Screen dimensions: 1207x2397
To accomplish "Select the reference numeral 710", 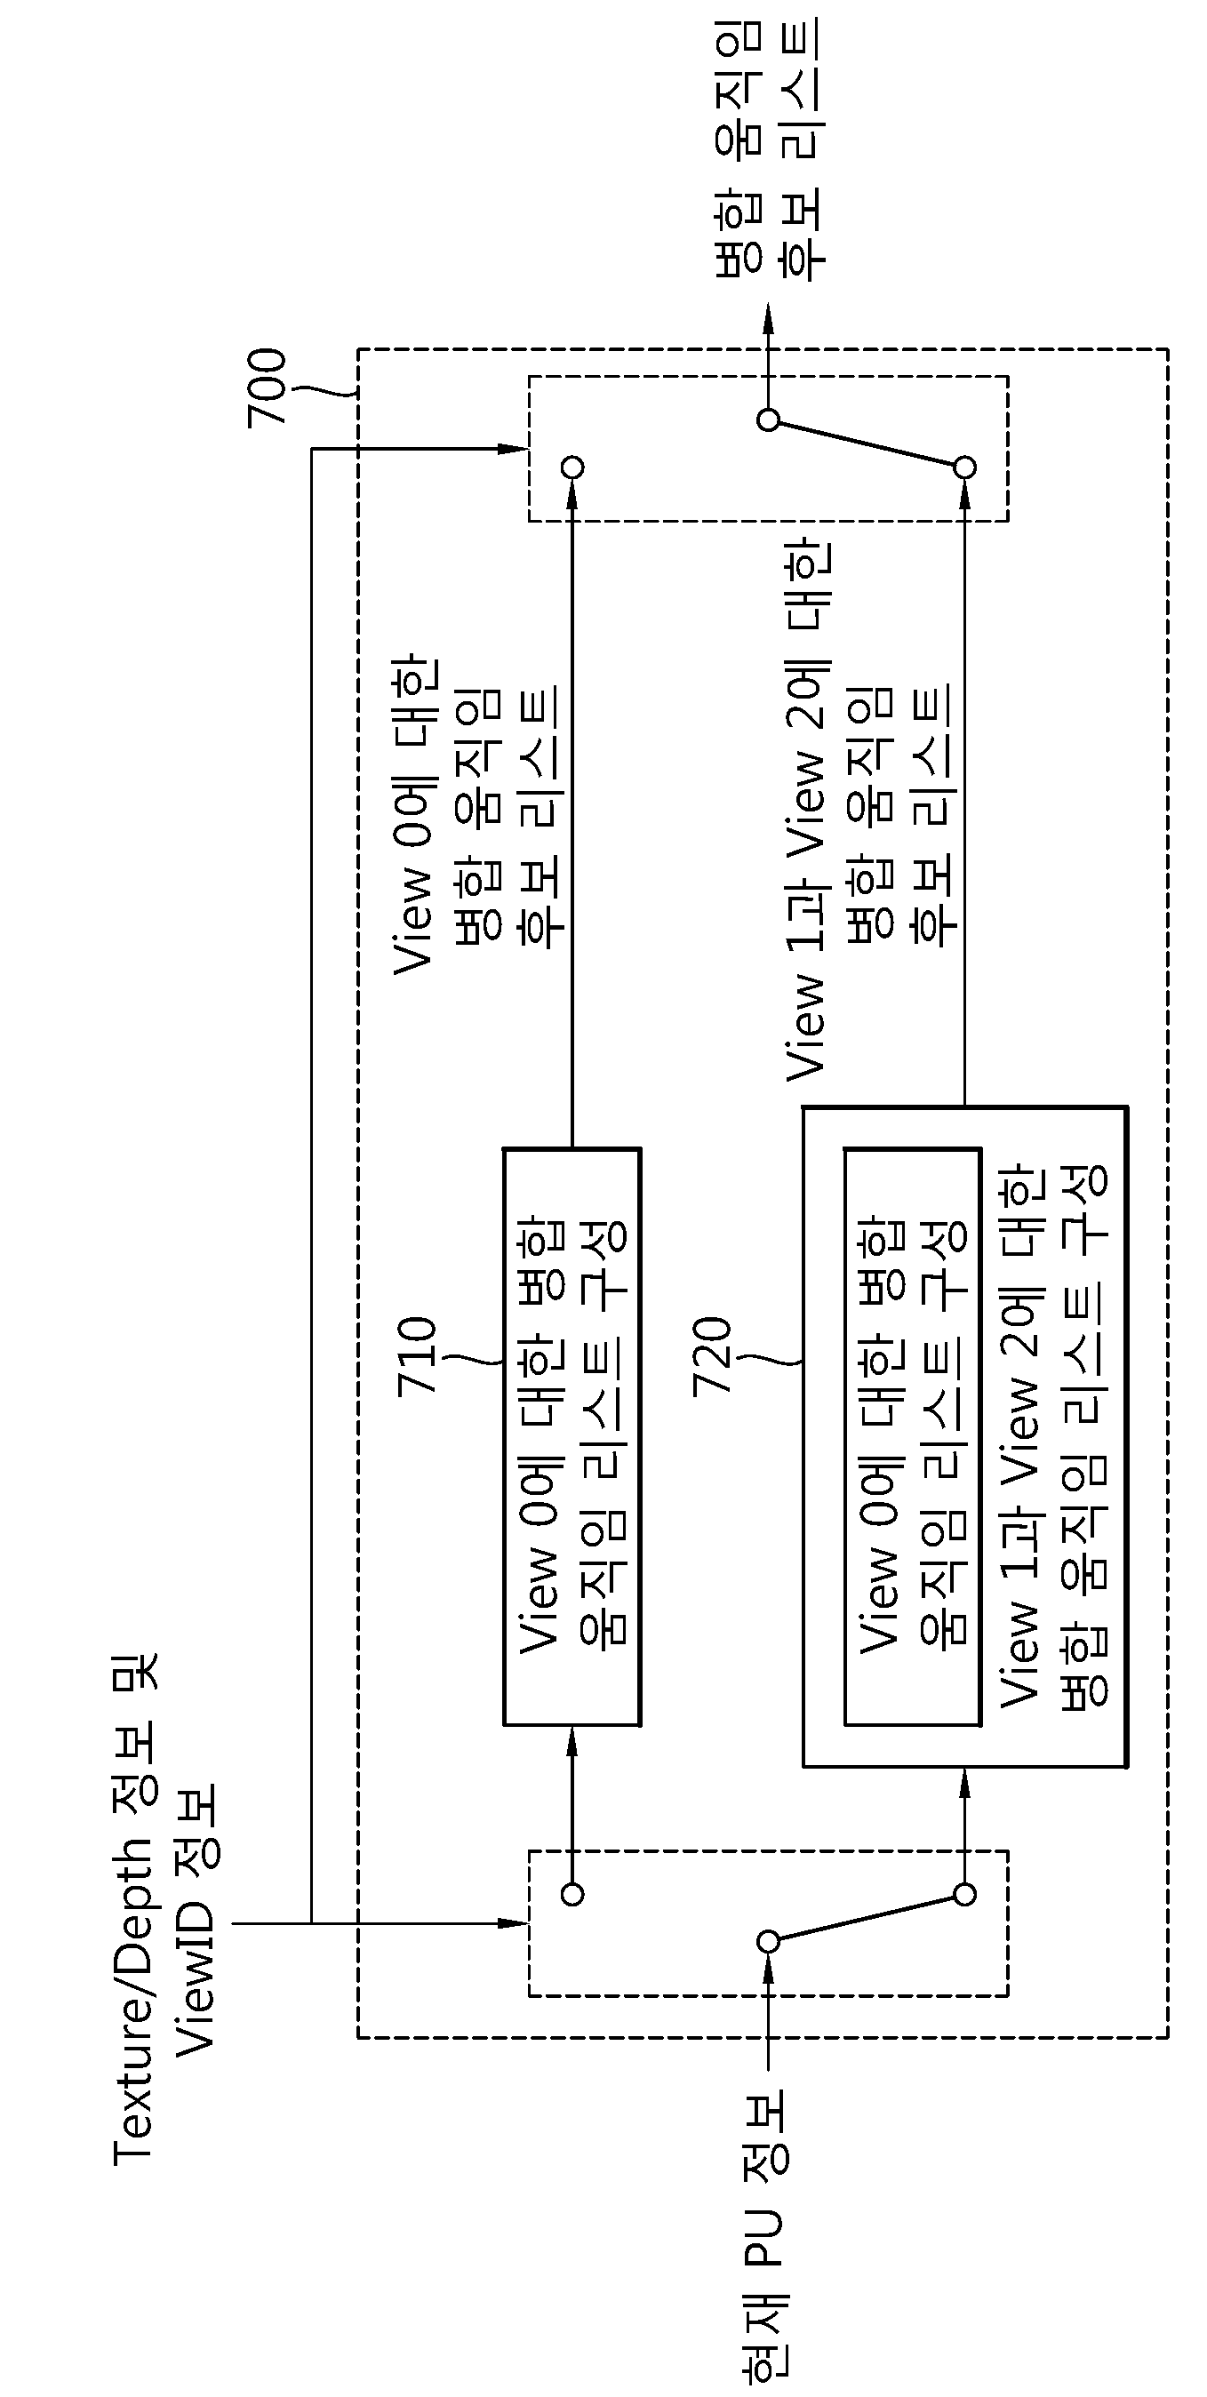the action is [417, 1354].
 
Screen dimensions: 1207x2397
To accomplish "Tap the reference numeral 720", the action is [713, 1354].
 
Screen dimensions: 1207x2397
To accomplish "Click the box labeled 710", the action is [572, 1435].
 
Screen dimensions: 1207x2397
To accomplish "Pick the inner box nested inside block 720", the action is [913, 1435].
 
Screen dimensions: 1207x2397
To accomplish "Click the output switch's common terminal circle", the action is [768, 420].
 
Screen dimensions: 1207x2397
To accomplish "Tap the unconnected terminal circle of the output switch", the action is [573, 467].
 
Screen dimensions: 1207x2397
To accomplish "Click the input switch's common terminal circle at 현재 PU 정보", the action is [768, 1941].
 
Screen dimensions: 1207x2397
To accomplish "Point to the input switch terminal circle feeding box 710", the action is [573, 1894].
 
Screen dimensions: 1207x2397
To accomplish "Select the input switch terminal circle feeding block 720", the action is [965, 1894].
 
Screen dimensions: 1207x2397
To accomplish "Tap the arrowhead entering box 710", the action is [572, 1741].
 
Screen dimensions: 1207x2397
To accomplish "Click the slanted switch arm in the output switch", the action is [867, 443].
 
